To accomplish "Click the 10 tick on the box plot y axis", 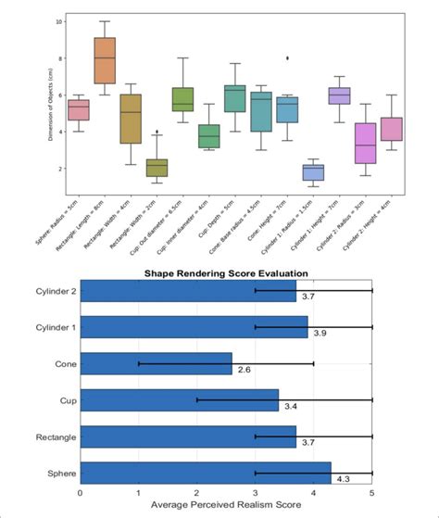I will (x=59, y=20).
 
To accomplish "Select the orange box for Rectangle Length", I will (x=105, y=60).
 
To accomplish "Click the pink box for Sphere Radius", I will (x=79, y=110).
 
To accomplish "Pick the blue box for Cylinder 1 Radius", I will (x=313, y=172).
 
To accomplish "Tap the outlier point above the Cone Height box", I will (x=287, y=57).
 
